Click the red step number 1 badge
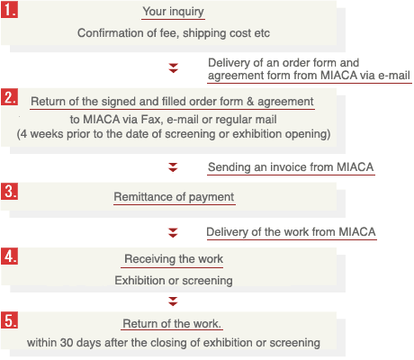[9, 9]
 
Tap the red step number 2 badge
[9, 97]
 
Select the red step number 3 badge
[9, 191]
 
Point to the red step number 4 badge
[9, 256]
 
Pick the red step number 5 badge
[9, 320]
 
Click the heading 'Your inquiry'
[173, 12]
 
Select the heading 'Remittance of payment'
[174, 197]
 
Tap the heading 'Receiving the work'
[174, 259]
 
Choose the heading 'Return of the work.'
[172, 324]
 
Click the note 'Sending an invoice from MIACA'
[291, 167]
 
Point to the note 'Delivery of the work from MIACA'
[291, 232]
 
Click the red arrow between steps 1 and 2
[173, 68]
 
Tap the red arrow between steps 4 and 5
[173, 301]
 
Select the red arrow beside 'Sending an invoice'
[173, 167]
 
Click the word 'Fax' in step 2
[151, 120]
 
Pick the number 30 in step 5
[67, 343]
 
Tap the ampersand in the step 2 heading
[250, 102]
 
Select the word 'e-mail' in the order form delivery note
[394, 75]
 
